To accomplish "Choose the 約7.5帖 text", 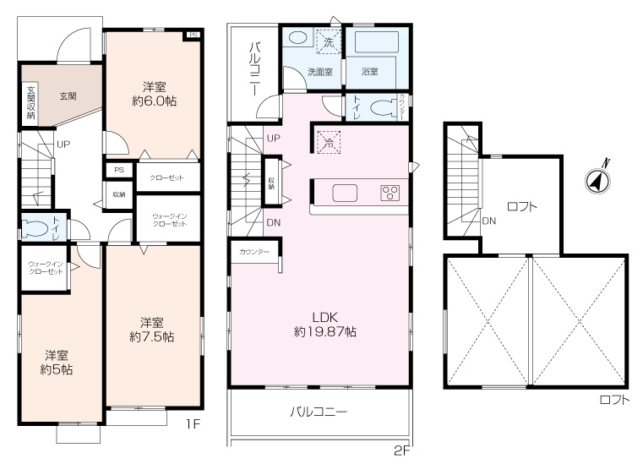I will pyautogui.click(x=152, y=336).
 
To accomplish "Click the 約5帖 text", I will pyautogui.click(x=57, y=369).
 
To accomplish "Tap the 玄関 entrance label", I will pyautogui.click(x=68, y=96).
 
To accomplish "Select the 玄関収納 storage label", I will pyautogui.click(x=30, y=102).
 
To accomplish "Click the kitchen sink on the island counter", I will pyautogui.click(x=345, y=193).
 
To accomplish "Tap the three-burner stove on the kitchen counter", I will pyautogui.click(x=391, y=193).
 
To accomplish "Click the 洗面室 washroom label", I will pyautogui.click(x=319, y=72).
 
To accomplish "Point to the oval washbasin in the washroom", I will pyautogui.click(x=297, y=39).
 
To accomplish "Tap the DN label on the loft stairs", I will pyautogui.click(x=488, y=222).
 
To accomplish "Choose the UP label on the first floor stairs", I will pyautogui.click(x=63, y=145).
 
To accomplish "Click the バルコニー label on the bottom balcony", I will pyautogui.click(x=319, y=412).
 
